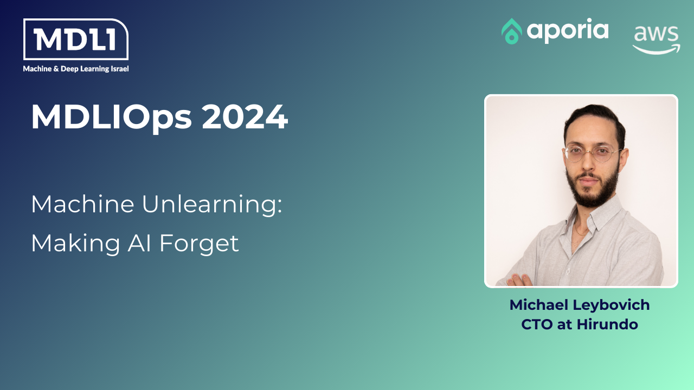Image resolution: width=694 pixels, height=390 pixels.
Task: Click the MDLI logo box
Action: tap(76, 40)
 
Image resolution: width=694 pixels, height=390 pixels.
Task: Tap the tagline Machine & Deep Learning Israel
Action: tap(76, 69)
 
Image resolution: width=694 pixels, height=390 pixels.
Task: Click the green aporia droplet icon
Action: tap(511, 31)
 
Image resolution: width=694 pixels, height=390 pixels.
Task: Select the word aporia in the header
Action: tap(568, 31)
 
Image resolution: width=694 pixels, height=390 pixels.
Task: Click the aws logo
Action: tap(656, 40)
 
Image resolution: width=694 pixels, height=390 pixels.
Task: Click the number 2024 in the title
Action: tap(245, 116)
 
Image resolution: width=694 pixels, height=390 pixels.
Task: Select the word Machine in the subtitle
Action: tap(83, 204)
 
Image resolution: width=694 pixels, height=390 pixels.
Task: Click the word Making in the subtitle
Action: tap(75, 244)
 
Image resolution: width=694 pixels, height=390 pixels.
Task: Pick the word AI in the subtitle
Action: tap(139, 243)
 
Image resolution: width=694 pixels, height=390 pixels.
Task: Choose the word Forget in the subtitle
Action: tap(199, 244)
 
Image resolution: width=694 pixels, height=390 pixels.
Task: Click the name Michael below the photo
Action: tap(538, 305)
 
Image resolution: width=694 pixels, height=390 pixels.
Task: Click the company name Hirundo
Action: tap(607, 324)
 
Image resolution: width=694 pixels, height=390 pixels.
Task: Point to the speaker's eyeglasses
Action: tap(592, 153)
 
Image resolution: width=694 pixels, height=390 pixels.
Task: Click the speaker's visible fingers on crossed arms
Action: tap(519, 280)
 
